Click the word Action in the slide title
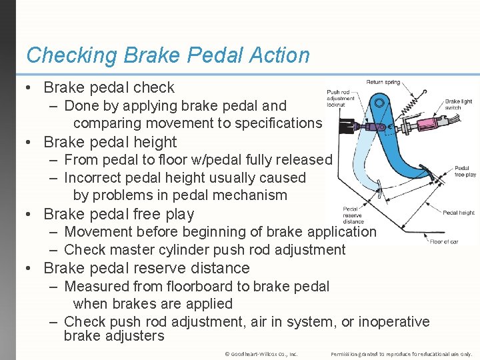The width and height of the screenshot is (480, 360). [274, 55]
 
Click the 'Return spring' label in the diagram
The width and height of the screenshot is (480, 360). [383, 82]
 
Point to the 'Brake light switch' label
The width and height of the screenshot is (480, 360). [458, 105]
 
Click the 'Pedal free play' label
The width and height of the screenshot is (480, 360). [465, 171]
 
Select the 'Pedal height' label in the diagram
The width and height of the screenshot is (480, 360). [459, 213]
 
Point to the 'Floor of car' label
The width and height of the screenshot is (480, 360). [444, 241]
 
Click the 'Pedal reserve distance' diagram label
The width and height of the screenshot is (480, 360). [353, 216]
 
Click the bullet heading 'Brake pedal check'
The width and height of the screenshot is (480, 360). [109, 87]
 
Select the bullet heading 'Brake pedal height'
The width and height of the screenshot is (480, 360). [110, 142]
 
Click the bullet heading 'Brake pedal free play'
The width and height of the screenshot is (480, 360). [119, 214]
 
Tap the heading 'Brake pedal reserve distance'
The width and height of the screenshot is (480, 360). [146, 268]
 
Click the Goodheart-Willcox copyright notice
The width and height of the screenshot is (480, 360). [261, 353]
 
